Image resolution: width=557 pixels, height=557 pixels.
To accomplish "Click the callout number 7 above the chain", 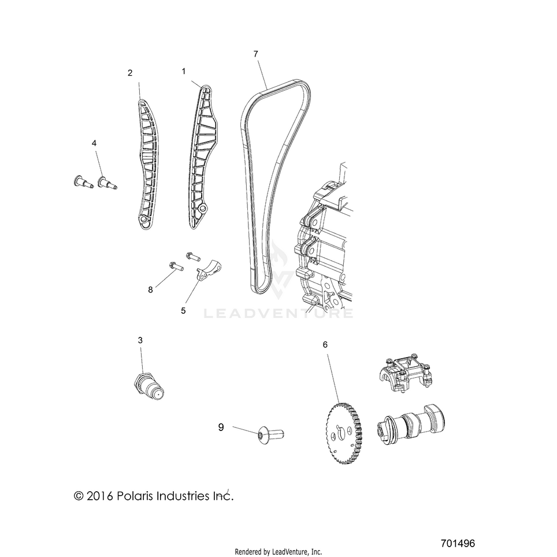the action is [x=256, y=54].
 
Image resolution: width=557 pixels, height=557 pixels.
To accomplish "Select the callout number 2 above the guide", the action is [x=130, y=73].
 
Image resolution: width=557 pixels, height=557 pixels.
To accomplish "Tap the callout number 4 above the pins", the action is [x=94, y=143].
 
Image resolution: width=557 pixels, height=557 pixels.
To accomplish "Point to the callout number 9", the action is [x=221, y=428].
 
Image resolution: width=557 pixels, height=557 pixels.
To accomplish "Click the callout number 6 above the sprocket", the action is [x=325, y=344].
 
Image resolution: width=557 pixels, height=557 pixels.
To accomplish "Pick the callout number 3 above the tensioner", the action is [x=140, y=340].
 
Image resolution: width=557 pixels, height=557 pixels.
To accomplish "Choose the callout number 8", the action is [x=150, y=290].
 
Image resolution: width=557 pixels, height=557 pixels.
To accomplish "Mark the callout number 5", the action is [x=183, y=311].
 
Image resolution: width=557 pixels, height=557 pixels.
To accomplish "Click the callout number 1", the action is [x=184, y=72].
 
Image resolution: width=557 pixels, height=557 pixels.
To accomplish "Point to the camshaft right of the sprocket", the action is [x=411, y=425].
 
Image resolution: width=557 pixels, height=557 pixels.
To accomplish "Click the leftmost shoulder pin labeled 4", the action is [x=83, y=181].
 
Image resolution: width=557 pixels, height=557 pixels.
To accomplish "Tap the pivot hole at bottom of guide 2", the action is [x=143, y=220].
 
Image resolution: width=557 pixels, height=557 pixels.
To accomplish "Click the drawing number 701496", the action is [x=458, y=544].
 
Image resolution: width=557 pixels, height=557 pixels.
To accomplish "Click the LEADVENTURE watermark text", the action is [x=278, y=313].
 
